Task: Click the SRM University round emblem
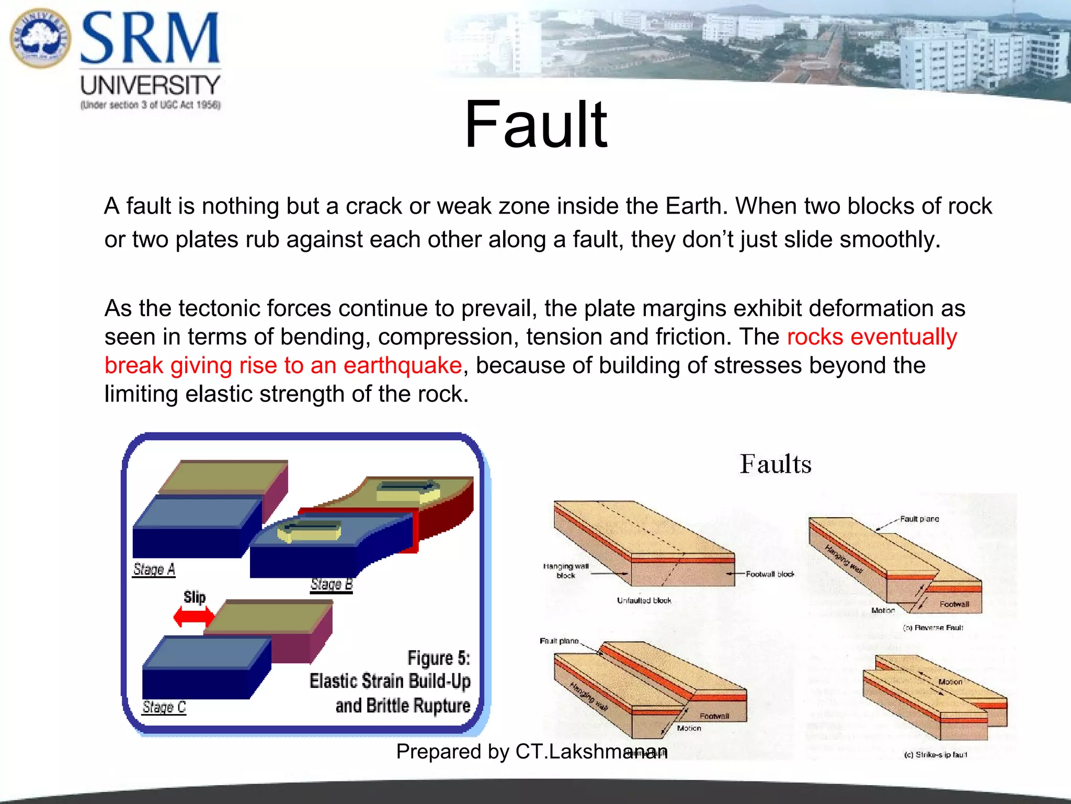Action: [x=40, y=38]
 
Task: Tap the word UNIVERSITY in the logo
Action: [x=150, y=85]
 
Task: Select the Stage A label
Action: [x=154, y=569]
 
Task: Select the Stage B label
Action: [x=332, y=584]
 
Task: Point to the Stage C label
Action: [x=164, y=707]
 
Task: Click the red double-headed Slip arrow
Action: [x=193, y=617]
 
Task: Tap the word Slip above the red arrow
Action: [x=195, y=597]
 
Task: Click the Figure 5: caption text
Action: [x=438, y=658]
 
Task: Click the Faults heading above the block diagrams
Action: [x=775, y=464]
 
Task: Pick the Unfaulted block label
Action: [x=644, y=600]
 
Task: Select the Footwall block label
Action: [x=769, y=574]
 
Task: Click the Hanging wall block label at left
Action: [x=566, y=571]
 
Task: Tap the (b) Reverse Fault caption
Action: [x=933, y=628]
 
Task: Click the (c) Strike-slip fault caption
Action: [x=935, y=755]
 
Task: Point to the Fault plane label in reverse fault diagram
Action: [x=919, y=519]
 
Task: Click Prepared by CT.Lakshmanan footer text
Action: [x=531, y=752]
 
